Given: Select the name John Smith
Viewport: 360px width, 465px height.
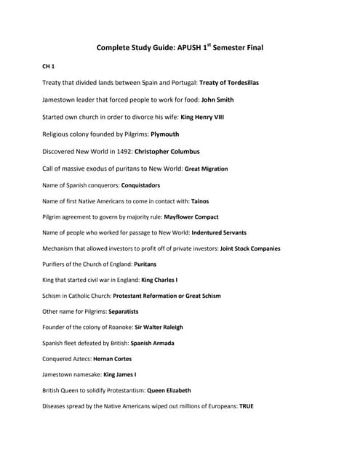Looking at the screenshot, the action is coord(217,100).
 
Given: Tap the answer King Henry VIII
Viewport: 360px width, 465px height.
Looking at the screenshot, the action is coord(207,117).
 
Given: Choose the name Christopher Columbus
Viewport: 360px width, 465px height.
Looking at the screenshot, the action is coord(167,151).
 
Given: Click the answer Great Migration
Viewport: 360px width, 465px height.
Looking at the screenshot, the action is coord(206,169).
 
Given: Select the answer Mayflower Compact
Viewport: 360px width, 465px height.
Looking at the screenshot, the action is coord(191,217).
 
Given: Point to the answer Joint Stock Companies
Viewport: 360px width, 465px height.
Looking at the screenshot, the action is coord(250,248).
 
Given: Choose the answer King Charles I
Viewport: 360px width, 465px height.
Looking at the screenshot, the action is coord(159,280).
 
